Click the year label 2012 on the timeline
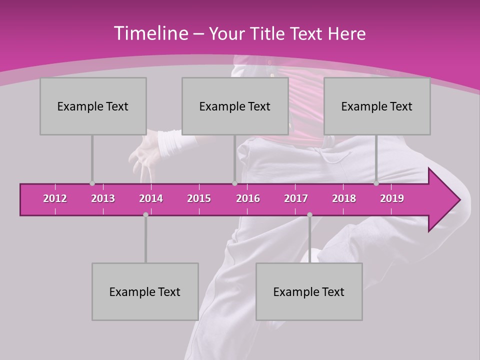tap(55, 198)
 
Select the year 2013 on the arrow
tap(103, 198)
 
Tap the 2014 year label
tap(151, 198)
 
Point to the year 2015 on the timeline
tap(199, 198)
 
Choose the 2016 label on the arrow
tap(248, 198)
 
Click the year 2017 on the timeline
tap(296, 198)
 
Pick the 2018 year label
tap(344, 198)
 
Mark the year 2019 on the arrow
tap(392, 198)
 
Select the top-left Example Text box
tap(93, 106)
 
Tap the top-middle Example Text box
tap(235, 106)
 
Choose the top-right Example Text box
tap(377, 106)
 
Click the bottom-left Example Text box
tap(145, 291)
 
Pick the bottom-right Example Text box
tap(309, 291)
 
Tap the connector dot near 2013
tap(92, 183)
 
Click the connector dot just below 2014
tap(145, 214)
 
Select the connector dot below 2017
tap(309, 214)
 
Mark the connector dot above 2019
tap(376, 183)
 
